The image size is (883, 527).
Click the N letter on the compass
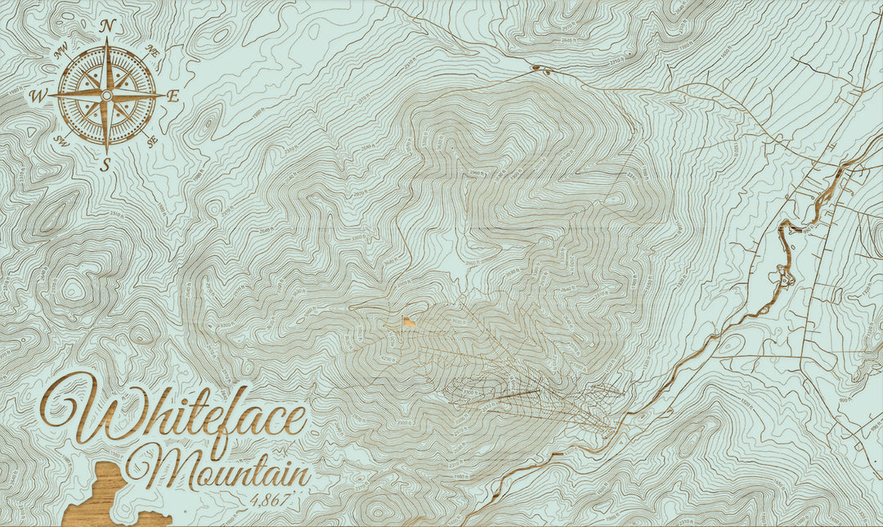click(x=105, y=26)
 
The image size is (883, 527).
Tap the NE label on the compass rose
click(x=151, y=51)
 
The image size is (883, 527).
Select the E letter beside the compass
click(x=173, y=96)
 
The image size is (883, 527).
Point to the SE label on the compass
click(x=151, y=141)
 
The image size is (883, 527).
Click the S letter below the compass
click(x=105, y=165)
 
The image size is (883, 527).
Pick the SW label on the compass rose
click(x=60, y=140)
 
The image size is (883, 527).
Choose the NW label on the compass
click(x=60, y=51)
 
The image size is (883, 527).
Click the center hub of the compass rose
click(x=105, y=96)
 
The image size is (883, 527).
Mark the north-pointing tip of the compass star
click(x=105, y=43)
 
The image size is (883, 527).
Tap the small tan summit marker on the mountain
click(x=407, y=322)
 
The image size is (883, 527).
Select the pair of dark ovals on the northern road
click(x=540, y=69)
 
